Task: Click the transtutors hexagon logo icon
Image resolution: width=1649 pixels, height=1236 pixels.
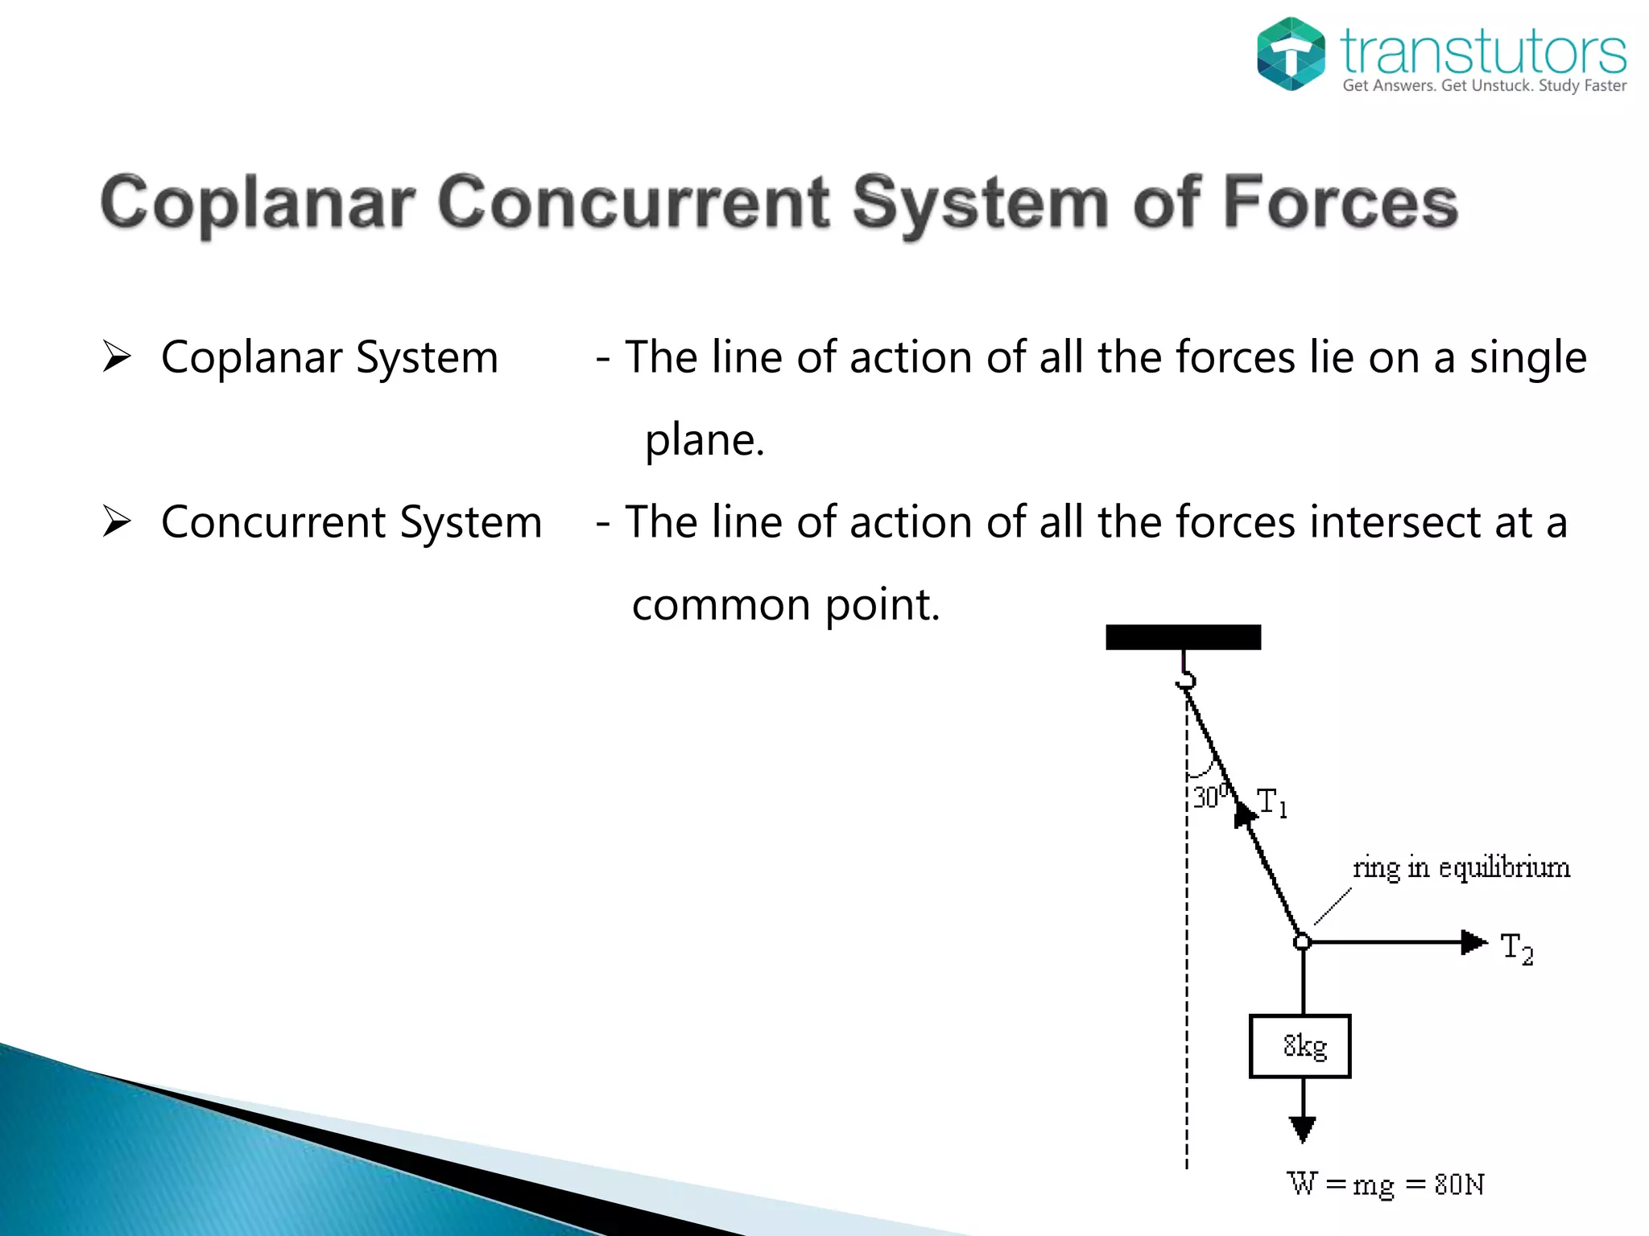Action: [1291, 54]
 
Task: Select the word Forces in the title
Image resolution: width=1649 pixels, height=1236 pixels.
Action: [1340, 203]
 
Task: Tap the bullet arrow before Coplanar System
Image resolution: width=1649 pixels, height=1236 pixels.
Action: [117, 356]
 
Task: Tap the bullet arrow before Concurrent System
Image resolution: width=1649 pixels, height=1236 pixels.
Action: [117, 521]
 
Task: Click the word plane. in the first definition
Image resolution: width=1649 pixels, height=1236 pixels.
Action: [705, 440]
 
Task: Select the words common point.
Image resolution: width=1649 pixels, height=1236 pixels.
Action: [786, 605]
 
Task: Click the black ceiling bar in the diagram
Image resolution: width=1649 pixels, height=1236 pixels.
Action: [1183, 637]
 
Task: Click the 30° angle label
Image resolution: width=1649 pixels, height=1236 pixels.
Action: [1209, 797]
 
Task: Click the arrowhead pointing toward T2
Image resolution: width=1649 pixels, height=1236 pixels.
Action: [1473, 941]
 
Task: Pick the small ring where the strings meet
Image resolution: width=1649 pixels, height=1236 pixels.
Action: [1302, 941]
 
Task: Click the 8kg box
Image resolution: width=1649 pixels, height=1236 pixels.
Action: [1300, 1046]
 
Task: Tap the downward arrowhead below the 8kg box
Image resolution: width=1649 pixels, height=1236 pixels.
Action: [1302, 1128]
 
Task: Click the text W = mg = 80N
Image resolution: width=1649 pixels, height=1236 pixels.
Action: [1385, 1184]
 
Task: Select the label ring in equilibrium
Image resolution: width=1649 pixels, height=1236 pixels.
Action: [1461, 868]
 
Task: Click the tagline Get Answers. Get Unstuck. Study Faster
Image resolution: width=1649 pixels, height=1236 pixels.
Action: [1484, 85]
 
